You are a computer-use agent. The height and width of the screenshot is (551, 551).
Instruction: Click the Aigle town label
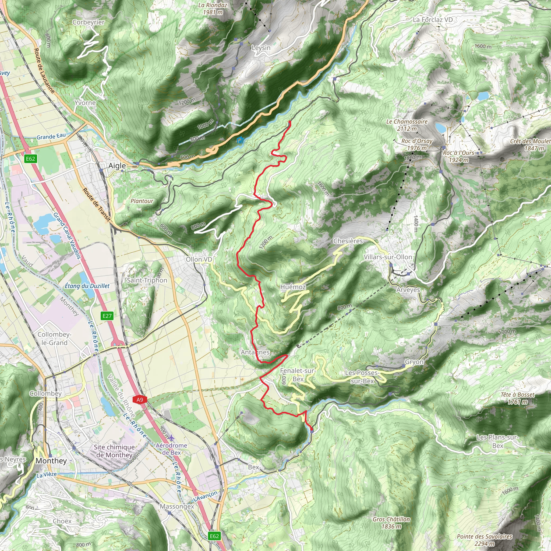tap(117, 166)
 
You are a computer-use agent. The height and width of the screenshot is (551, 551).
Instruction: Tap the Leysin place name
tap(261, 48)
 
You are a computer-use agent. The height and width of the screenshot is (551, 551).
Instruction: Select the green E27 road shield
tap(107, 316)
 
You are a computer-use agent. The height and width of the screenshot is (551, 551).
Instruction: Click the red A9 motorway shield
tap(139, 400)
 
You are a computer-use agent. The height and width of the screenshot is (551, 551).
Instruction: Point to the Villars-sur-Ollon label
tap(388, 257)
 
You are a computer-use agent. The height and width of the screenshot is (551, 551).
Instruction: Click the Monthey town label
tap(51, 461)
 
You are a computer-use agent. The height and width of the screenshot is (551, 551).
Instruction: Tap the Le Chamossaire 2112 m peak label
tap(407, 125)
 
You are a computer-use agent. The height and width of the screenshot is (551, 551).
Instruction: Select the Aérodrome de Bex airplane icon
tap(171, 438)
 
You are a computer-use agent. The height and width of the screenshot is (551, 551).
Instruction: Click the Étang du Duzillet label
tap(87, 286)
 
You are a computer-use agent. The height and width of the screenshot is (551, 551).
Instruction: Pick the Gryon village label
tap(414, 362)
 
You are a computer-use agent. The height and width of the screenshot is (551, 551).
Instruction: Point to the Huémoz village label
tap(293, 287)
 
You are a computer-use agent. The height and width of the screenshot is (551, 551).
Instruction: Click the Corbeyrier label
tap(89, 22)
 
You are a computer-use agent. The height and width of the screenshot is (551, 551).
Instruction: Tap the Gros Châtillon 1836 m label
tap(391, 523)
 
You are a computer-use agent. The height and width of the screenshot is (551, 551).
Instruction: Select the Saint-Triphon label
tap(147, 280)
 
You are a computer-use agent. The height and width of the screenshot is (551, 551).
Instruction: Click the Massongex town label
tap(177, 507)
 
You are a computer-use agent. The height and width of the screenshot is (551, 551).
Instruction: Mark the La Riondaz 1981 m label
tap(213, 9)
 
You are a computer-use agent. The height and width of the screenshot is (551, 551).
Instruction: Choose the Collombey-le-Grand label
tap(54, 338)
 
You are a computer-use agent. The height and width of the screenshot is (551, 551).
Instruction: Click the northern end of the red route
tap(290, 122)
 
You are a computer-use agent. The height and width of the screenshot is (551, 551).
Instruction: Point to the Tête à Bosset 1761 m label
tap(518, 398)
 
